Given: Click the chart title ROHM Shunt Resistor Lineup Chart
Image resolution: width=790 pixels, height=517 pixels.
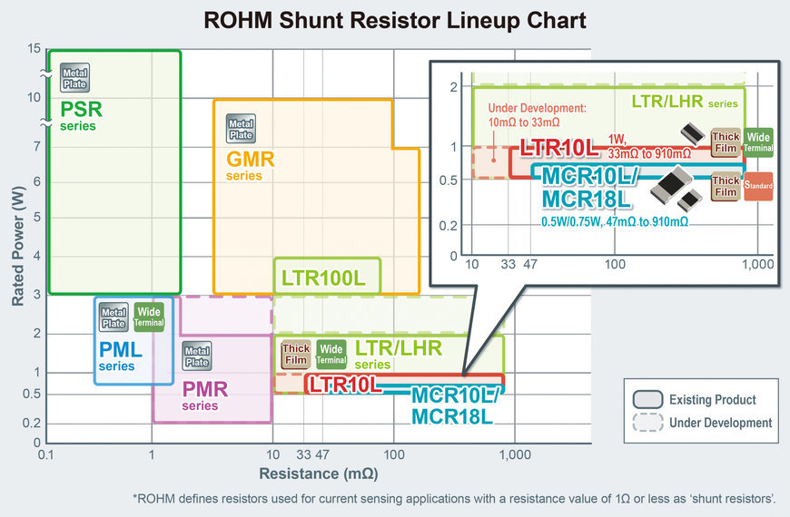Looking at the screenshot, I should pos(394,20).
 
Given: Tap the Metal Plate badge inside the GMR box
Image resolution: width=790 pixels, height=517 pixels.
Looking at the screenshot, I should pos(241,129).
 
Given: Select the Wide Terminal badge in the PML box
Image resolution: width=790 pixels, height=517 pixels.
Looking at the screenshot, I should pos(148,317).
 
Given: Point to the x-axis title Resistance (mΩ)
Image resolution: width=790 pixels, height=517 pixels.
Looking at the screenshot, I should pos(318,473).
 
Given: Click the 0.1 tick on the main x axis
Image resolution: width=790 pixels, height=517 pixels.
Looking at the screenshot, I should pos(47,454).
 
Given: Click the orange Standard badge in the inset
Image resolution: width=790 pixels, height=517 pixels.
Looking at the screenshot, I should pos(757,186).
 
